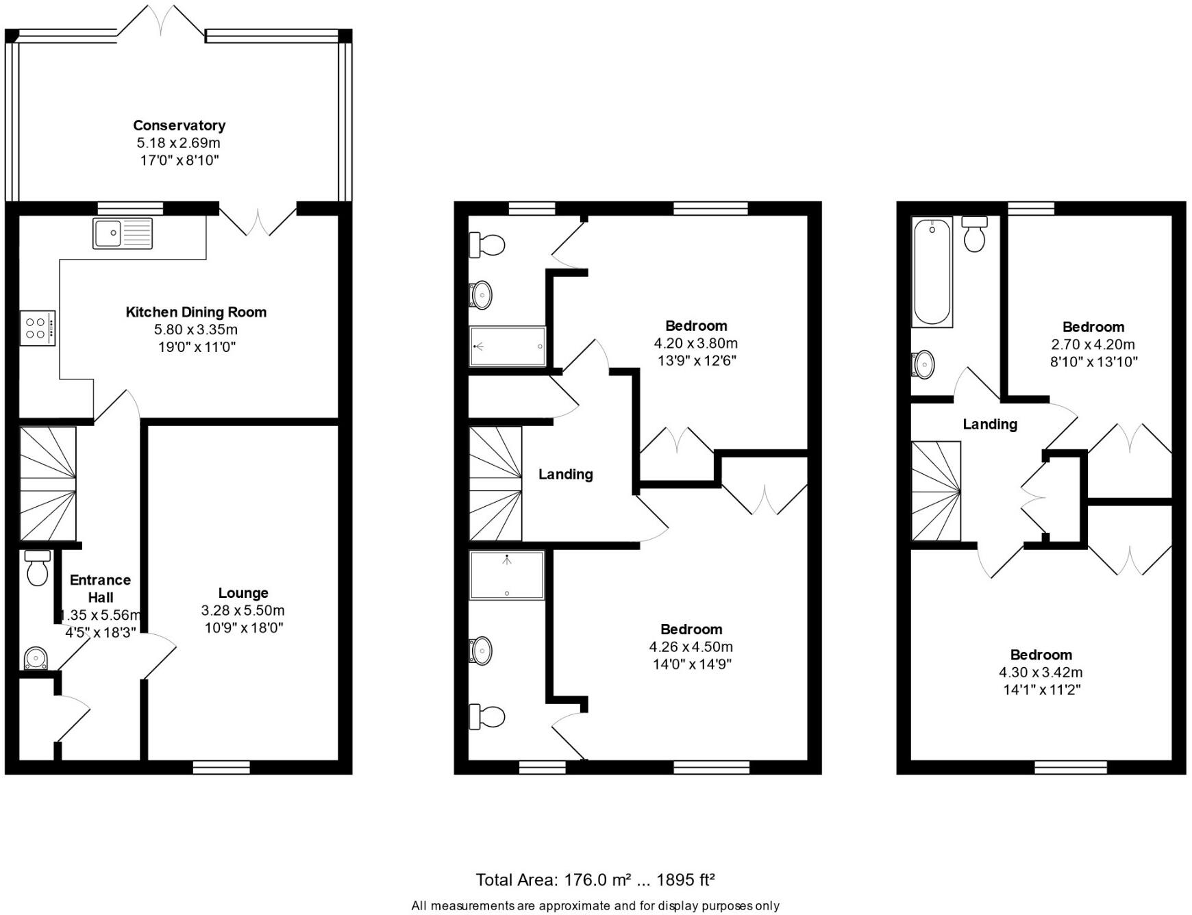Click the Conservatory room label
pos(179,125)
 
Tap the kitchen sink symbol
pos(123,233)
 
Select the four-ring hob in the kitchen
pos(38,327)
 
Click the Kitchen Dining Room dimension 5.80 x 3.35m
pos(196,329)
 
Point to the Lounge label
pos(243,593)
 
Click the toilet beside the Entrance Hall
pos(38,567)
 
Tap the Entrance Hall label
pos(100,588)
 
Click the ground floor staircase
pos(47,484)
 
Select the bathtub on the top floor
pos(932,271)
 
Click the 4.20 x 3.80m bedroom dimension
pos(696,343)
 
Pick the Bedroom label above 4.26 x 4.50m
pos(691,629)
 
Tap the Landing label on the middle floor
pos(565,474)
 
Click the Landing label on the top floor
pos(990,424)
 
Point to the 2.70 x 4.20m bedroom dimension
pos(1093,344)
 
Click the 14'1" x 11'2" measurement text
pos(1041,690)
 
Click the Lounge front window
pos(221,768)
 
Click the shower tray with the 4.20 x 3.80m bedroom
pos(508,346)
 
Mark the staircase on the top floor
pos(936,491)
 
